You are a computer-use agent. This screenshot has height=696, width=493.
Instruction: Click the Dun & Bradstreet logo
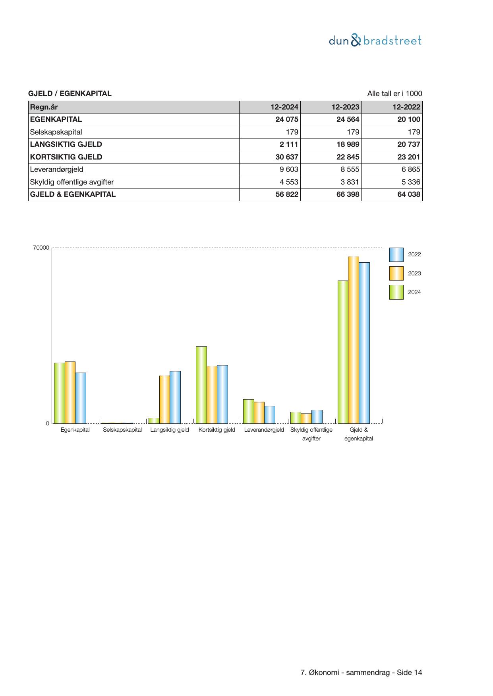pyautogui.click(x=375, y=40)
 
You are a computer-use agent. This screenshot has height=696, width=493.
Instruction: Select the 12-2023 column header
pyautogui.click(x=345, y=107)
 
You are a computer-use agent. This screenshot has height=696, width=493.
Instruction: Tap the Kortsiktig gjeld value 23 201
pyautogui.click(x=408, y=157)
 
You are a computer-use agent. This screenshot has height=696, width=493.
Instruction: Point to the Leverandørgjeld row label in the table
pyautogui.click(x=57, y=169)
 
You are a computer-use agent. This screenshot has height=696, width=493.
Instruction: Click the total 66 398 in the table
pyautogui.click(x=348, y=194)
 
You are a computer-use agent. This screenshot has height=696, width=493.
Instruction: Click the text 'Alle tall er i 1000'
pyautogui.click(x=394, y=94)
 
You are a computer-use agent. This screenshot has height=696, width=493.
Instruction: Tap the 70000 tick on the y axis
pyautogui.click(x=41, y=248)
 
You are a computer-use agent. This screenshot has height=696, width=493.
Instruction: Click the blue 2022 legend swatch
pyautogui.click(x=396, y=255)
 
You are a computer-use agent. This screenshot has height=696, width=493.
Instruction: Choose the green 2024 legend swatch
pyautogui.click(x=396, y=292)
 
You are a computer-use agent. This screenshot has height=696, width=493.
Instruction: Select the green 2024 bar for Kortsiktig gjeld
pyautogui.click(x=201, y=385)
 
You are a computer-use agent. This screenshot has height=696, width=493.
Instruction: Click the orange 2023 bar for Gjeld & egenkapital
pyautogui.click(x=354, y=340)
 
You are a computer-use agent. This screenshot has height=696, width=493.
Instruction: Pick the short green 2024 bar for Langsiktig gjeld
pyautogui.click(x=154, y=421)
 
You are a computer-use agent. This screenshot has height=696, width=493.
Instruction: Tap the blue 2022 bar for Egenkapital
pyautogui.click(x=81, y=398)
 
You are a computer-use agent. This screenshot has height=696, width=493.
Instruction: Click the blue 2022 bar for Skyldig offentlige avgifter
pyautogui.click(x=317, y=417)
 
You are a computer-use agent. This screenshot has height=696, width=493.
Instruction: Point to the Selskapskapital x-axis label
pyautogui.click(x=122, y=430)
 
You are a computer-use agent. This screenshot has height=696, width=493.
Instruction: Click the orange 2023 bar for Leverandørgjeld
pyautogui.click(x=259, y=413)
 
